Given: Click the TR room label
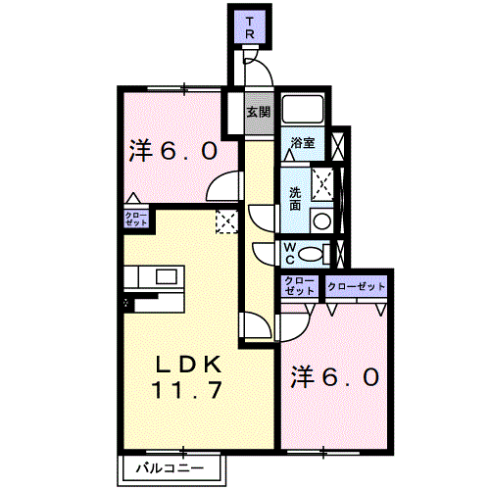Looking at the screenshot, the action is pyautogui.click(x=250, y=28).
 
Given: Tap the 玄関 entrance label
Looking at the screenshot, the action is pyautogui.click(x=259, y=113).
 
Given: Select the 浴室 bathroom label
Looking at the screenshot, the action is pyautogui.click(x=303, y=143).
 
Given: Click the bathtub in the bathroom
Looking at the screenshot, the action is pyautogui.click(x=303, y=109).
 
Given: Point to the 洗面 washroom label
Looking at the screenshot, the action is pyautogui.click(x=295, y=199).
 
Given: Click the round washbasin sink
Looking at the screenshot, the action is pyautogui.click(x=321, y=220).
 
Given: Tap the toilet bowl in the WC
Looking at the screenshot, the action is pyautogui.click(x=311, y=254).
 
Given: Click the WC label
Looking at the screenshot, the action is pyautogui.click(x=289, y=254).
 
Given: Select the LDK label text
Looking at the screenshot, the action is pyautogui.click(x=188, y=365).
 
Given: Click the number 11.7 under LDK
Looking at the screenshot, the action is pyautogui.click(x=187, y=390).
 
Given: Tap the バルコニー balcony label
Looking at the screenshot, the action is pyautogui.click(x=170, y=468).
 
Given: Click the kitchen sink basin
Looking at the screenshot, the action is pyautogui.click(x=167, y=277).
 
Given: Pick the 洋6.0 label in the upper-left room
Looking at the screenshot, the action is pyautogui.click(x=173, y=151).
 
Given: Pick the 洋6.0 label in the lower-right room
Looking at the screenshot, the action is pyautogui.click(x=335, y=376).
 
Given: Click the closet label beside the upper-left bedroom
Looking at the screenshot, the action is pyautogui.click(x=136, y=219).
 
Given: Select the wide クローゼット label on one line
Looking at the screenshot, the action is pyautogui.click(x=357, y=287).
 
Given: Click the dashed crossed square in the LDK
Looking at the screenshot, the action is pyautogui.click(x=226, y=222).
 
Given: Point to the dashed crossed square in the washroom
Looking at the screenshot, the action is pyautogui.click(x=322, y=184).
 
